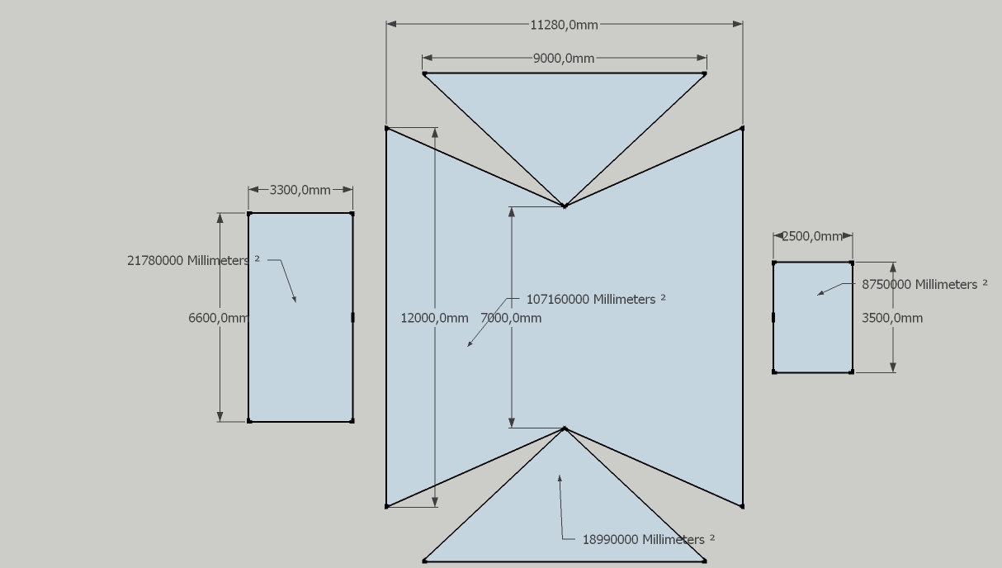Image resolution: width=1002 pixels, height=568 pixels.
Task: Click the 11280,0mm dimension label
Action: tap(564, 25)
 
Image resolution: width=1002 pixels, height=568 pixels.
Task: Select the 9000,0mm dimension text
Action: tap(564, 59)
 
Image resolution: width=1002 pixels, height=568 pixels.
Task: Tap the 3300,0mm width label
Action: tap(300, 190)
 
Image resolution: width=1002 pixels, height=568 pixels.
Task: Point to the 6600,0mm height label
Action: tap(218, 318)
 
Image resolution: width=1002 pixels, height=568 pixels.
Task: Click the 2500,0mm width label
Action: tap(812, 236)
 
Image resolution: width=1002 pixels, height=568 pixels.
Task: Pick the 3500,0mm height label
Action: tap(892, 318)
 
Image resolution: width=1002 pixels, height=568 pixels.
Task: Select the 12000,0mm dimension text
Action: tap(434, 318)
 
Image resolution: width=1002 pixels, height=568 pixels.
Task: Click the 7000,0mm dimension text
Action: tap(511, 318)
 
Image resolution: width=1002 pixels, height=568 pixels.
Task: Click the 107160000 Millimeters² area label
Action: tap(595, 299)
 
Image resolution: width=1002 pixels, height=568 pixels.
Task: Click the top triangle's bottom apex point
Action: tap(565, 206)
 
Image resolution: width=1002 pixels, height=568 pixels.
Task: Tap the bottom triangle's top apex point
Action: tap(565, 428)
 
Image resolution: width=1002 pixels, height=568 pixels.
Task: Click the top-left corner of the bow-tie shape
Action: tap(387, 128)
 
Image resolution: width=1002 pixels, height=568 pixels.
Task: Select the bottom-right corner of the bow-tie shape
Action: tap(743, 506)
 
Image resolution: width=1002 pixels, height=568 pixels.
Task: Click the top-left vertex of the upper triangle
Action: tap(424, 73)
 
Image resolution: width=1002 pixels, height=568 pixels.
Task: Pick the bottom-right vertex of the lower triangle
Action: tap(704, 561)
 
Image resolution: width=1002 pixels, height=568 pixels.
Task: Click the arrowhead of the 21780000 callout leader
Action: tap(295, 301)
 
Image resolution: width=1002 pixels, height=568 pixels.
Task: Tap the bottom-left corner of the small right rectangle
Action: tap(774, 372)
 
